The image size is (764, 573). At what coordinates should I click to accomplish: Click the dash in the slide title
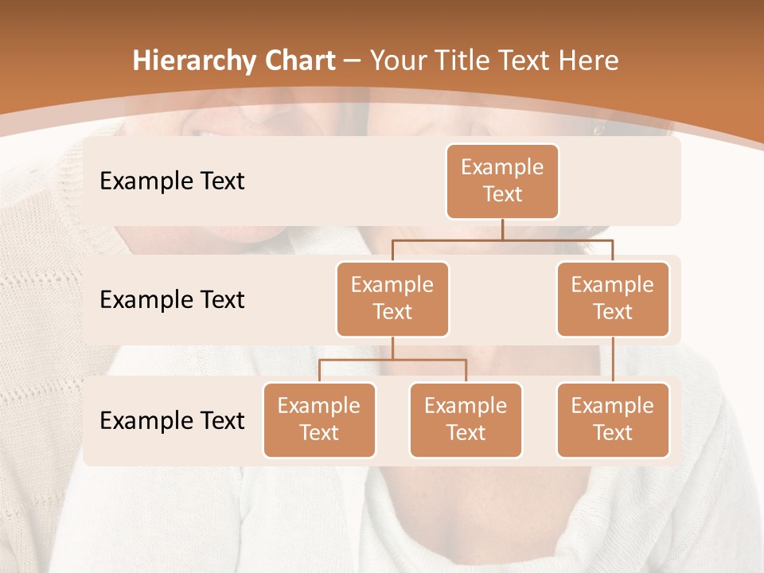(353, 61)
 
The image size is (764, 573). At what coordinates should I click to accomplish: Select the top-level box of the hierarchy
(502, 181)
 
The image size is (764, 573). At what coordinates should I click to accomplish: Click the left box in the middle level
(392, 298)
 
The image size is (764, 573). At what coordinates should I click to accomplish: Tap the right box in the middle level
(613, 298)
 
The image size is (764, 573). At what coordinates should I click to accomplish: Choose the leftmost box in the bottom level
(319, 419)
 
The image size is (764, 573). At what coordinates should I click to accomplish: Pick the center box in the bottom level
(466, 419)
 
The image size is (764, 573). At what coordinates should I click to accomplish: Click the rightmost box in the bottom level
(613, 419)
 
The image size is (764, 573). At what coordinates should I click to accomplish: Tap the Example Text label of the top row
(172, 181)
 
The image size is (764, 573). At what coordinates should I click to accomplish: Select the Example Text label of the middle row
(172, 299)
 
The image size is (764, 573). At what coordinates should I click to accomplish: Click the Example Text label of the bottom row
(172, 420)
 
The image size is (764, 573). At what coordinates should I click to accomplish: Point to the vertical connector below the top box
(502, 229)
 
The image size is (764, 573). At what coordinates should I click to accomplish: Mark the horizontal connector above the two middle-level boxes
(502, 239)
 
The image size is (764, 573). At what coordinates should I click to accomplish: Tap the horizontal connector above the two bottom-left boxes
(392, 360)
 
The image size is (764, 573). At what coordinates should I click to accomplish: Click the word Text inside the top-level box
(502, 194)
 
